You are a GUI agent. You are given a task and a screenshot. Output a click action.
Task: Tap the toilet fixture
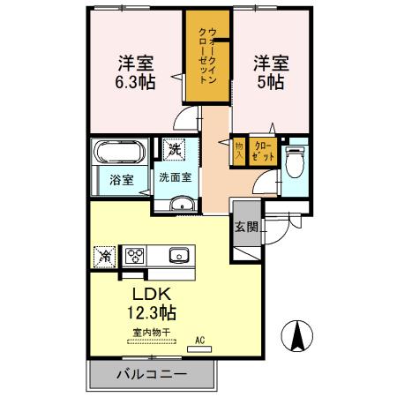coord(295,162)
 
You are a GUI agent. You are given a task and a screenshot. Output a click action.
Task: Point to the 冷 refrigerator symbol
coord(104,256)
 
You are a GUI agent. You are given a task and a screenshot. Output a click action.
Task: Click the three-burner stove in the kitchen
coord(136,256)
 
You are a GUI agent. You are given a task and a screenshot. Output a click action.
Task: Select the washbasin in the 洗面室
coord(182,206)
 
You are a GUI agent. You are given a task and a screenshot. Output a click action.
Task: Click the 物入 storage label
coord(238,148)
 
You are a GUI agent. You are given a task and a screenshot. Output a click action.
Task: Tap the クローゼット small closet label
coord(262,148)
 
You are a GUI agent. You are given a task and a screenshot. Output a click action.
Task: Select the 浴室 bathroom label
coord(122,180)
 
